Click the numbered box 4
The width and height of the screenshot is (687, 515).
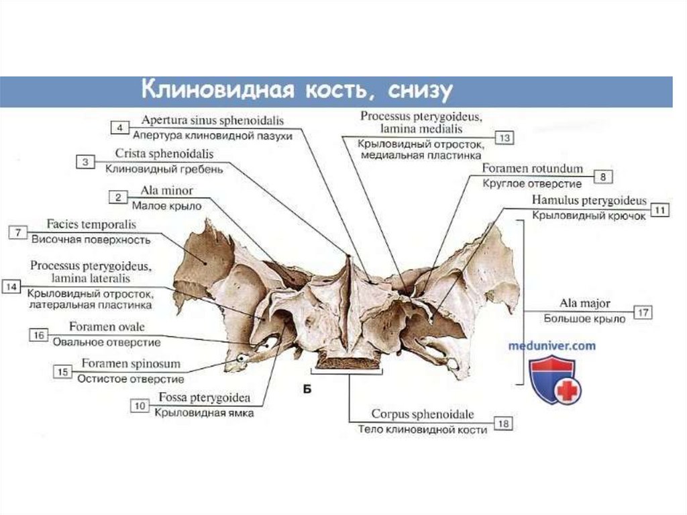click(119, 128)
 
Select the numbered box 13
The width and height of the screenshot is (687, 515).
click(504, 138)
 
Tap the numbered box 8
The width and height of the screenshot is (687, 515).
click(602, 177)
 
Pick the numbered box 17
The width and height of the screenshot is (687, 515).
click(642, 312)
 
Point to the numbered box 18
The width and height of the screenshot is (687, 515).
click(504, 423)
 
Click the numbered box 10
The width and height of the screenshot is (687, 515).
click(140, 406)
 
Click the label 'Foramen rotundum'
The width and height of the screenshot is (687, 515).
click(533, 169)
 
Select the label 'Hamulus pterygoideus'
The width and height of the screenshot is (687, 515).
click(589, 201)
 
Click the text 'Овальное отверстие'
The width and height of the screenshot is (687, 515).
click(107, 342)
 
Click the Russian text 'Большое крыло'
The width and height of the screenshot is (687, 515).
click(584, 320)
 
